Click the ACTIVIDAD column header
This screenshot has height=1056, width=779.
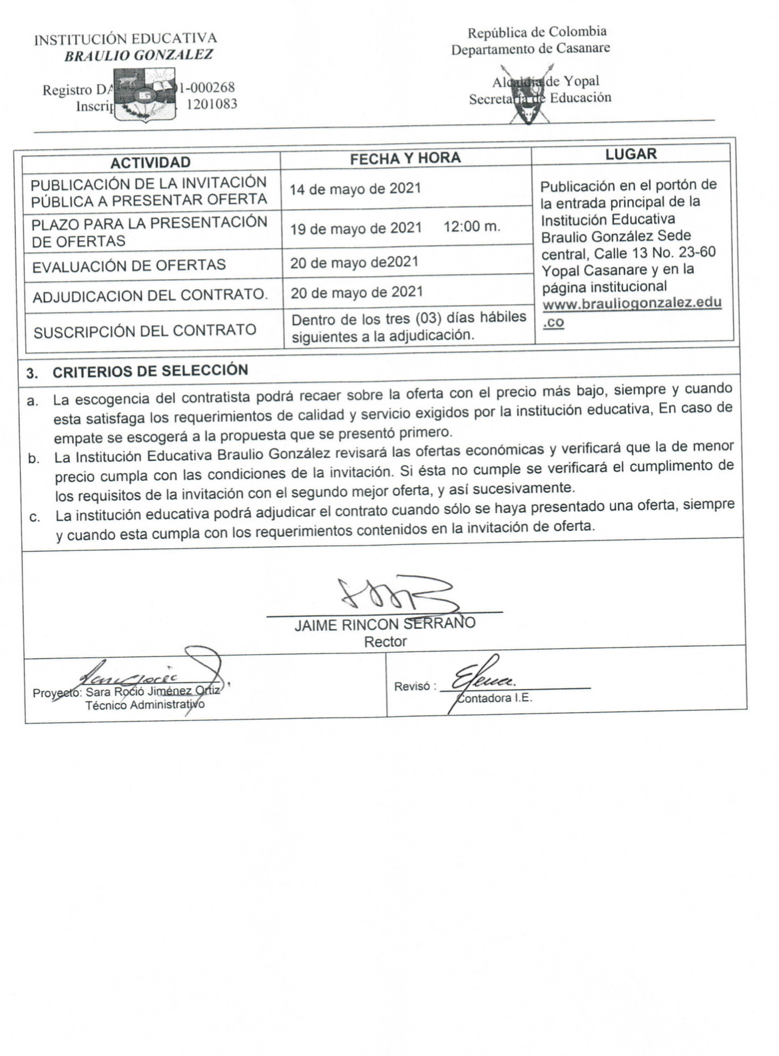[150, 163]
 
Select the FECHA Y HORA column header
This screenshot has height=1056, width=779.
[405, 158]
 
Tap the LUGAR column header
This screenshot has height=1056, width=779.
[630, 154]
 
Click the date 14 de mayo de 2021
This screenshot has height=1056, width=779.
[355, 189]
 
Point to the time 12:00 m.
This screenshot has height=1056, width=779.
[471, 227]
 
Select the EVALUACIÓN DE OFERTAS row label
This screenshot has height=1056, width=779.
[129, 265]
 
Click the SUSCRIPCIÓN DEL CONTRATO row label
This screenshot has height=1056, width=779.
[144, 331]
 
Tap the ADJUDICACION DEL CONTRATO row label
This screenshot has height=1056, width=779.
[150, 295]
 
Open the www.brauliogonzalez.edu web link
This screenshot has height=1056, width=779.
[632, 304]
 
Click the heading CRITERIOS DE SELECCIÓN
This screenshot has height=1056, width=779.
[150, 371]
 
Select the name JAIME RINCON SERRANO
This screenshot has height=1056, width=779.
[385, 624]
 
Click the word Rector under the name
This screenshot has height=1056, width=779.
[385, 642]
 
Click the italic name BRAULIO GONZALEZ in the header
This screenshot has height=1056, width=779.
[138, 55]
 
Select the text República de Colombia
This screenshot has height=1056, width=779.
[537, 32]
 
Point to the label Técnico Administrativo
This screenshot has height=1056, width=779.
[144, 705]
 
